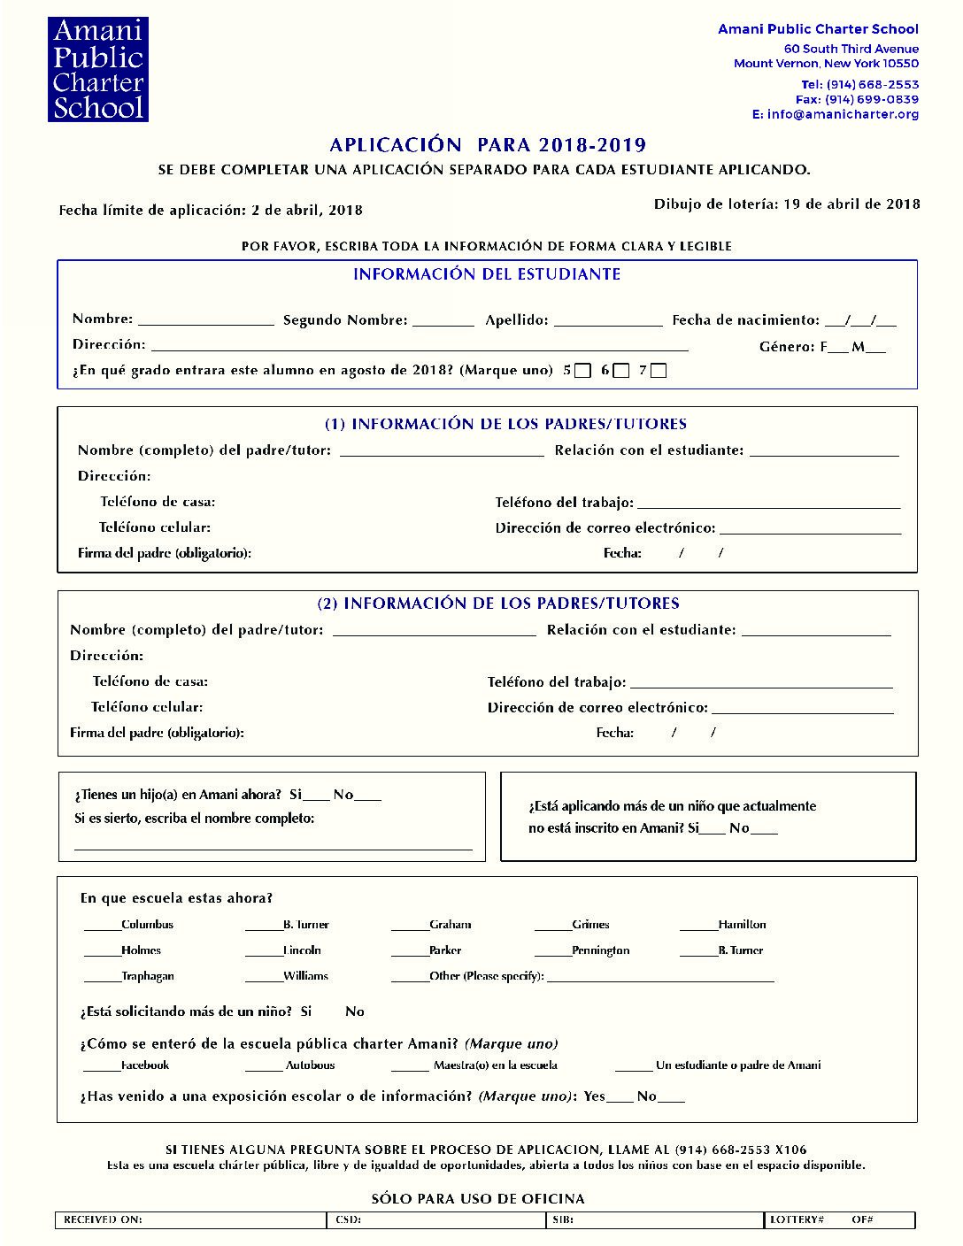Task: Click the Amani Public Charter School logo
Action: (x=97, y=69)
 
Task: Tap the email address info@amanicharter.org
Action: (x=843, y=114)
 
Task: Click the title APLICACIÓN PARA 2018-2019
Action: (x=488, y=145)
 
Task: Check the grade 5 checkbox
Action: (x=582, y=371)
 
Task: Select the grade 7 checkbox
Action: (x=659, y=371)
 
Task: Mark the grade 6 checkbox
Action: (x=621, y=371)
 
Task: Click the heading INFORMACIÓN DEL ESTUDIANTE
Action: (x=487, y=274)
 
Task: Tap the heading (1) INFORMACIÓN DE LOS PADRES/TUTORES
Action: (x=505, y=424)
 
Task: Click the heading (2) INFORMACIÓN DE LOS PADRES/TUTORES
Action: (x=498, y=604)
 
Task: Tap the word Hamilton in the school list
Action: (x=742, y=925)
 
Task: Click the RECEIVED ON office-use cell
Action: (x=190, y=1220)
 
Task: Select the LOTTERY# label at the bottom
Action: (x=797, y=1220)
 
